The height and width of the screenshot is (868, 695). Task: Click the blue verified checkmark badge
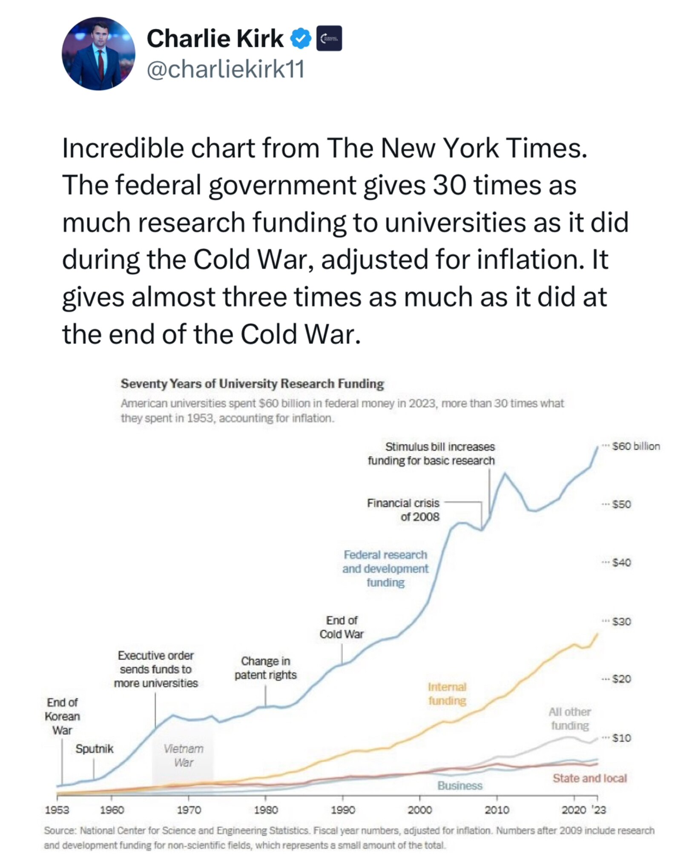[x=301, y=39]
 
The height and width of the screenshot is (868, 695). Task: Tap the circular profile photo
[x=98, y=54]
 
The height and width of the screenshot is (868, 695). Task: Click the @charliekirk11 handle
[x=226, y=69]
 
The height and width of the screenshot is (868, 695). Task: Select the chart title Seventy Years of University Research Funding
[x=252, y=384]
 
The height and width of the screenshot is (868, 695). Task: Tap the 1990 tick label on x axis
[x=343, y=810]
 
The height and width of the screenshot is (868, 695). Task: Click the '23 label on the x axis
[x=598, y=810]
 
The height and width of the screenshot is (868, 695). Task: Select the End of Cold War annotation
[x=342, y=627]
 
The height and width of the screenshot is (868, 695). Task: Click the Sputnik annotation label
[x=95, y=749]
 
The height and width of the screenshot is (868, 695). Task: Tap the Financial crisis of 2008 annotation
[x=403, y=510]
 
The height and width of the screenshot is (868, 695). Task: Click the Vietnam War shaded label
[x=184, y=756]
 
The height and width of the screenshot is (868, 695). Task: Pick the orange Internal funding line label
[x=447, y=694]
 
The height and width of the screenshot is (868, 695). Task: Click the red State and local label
[x=589, y=778]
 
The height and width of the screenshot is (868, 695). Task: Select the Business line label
[x=460, y=785]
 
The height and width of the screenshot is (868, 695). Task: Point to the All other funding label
[x=570, y=719]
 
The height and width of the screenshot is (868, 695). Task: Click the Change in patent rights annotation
[x=265, y=668]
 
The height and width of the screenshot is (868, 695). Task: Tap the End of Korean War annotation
[x=63, y=716]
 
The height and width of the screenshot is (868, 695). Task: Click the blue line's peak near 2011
[x=505, y=473]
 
